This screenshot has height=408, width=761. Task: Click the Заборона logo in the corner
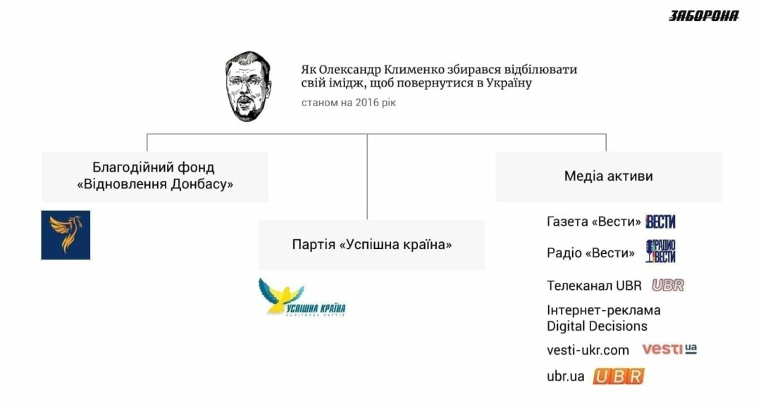(704, 16)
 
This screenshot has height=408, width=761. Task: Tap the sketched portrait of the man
(248, 87)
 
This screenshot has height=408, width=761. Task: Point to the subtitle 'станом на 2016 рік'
(349, 103)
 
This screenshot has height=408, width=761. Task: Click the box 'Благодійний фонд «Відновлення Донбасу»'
(155, 177)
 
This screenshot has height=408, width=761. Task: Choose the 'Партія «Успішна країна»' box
(372, 245)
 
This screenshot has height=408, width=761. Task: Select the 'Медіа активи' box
(609, 177)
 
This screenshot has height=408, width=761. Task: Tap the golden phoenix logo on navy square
(66, 235)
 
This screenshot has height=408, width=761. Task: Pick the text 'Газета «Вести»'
(593, 222)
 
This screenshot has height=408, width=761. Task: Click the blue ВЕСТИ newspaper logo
(660, 222)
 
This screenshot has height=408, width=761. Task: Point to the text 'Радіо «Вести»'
(590, 253)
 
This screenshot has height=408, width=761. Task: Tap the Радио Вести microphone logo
(660, 251)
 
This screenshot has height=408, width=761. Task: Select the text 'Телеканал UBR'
(594, 286)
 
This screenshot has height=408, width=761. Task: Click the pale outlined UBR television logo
(668, 286)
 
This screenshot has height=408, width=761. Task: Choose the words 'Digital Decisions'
(597, 326)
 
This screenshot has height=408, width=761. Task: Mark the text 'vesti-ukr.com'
(588, 350)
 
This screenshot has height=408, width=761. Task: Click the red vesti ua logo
(669, 349)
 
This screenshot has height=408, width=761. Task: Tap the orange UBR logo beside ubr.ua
(619, 376)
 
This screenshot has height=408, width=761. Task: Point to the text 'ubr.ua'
(565, 376)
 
